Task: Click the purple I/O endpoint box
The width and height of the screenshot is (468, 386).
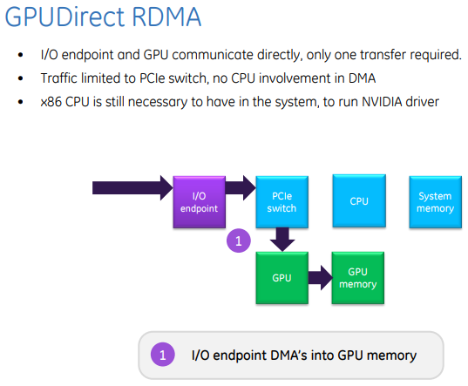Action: click(200, 202)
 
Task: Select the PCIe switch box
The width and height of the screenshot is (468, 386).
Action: click(281, 202)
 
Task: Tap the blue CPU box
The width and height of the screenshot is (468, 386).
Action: click(358, 201)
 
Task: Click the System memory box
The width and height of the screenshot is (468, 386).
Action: click(435, 202)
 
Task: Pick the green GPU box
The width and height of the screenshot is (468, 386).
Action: click(281, 278)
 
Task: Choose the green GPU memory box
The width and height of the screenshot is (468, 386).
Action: click(357, 278)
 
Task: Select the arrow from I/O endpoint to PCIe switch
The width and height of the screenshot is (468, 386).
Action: click(241, 186)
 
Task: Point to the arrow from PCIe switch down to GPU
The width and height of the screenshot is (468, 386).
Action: click(281, 239)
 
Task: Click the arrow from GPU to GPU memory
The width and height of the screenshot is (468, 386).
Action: click(319, 278)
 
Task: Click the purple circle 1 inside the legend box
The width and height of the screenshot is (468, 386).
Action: click(162, 355)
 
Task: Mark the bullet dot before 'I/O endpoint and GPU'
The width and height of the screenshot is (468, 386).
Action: click(21, 56)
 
